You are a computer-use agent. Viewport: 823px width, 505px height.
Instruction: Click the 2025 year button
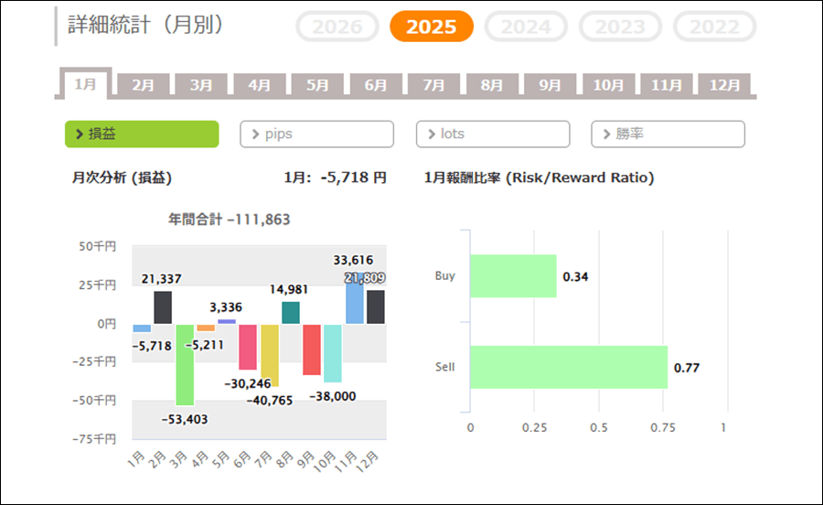click(x=431, y=27)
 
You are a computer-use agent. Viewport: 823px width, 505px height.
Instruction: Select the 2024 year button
click(x=526, y=27)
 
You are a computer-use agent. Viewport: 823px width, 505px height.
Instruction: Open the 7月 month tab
click(x=434, y=85)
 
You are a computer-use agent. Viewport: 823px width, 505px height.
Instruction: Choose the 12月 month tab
click(x=724, y=85)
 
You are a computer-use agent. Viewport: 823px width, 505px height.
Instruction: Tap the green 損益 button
click(x=142, y=134)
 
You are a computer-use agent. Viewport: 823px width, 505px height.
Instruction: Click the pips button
click(x=316, y=134)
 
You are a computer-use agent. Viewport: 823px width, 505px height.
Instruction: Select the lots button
click(x=493, y=134)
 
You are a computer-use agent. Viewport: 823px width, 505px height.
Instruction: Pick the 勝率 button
click(x=668, y=134)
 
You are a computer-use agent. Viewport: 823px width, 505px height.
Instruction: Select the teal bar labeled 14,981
click(x=291, y=313)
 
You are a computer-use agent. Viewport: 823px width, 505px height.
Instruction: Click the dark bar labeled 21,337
click(x=163, y=307)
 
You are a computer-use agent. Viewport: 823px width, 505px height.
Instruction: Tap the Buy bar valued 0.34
click(x=513, y=276)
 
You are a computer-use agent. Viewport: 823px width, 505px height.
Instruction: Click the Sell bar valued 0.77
click(x=568, y=367)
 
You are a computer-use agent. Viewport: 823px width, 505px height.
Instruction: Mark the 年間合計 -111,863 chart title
click(x=230, y=220)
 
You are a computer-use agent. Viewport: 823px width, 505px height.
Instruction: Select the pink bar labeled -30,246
click(x=248, y=347)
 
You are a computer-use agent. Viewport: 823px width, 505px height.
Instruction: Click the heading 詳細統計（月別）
click(x=146, y=25)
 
